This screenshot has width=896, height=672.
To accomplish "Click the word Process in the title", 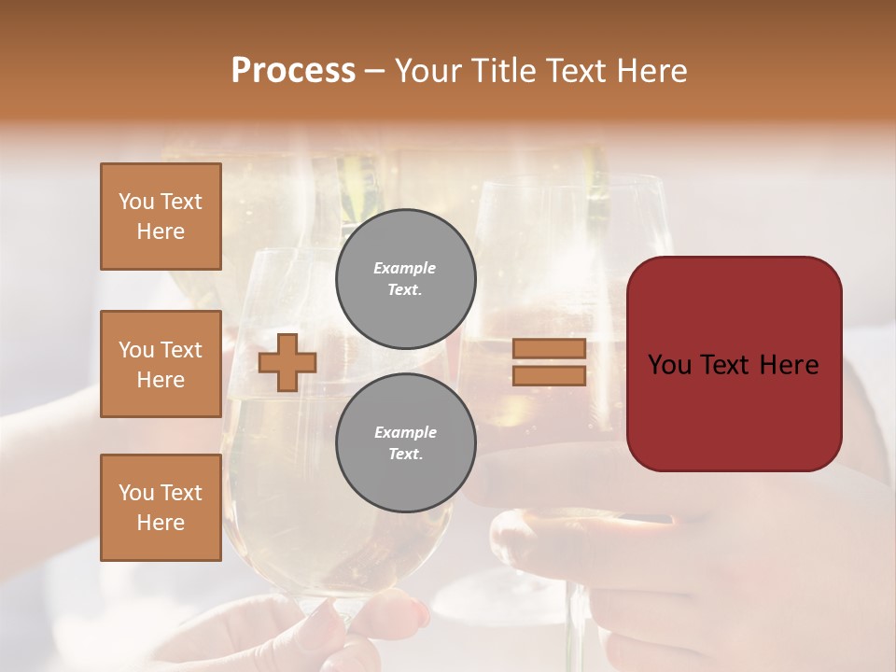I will [293, 71].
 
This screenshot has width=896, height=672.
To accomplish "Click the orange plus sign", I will [287, 362].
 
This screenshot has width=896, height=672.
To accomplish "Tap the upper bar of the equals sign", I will [549, 348].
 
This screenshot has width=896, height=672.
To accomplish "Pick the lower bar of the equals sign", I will [549, 375].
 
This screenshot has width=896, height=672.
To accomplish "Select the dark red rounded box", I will [734, 363].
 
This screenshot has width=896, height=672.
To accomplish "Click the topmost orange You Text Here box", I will [161, 217].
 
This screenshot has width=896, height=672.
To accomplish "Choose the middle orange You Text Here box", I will [161, 364].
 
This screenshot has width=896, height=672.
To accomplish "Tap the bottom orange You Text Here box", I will [161, 508].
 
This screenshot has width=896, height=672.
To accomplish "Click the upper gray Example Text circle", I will [405, 278].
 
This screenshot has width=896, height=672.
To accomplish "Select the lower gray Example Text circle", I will [405, 443].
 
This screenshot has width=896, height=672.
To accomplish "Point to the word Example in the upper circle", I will [405, 268].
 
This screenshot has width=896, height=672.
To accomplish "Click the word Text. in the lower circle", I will [405, 455].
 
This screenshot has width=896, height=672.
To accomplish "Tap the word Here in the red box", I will [790, 365].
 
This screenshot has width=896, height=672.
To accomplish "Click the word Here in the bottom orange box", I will [161, 523].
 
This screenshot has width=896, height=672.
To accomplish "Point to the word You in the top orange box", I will [136, 202].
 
